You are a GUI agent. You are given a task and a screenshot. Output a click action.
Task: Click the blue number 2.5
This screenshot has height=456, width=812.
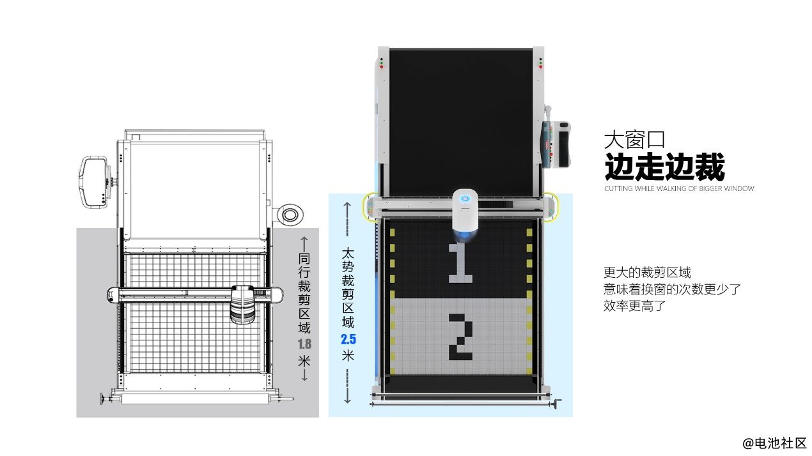pyautogui.click(x=348, y=339)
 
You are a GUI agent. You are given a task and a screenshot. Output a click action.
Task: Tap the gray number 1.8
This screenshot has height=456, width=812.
pyautogui.click(x=304, y=344)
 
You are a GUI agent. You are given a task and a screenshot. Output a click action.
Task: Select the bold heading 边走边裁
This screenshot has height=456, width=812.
pyautogui.click(x=664, y=167)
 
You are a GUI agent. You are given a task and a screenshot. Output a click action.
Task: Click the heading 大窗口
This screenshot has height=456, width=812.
pyautogui.click(x=634, y=140)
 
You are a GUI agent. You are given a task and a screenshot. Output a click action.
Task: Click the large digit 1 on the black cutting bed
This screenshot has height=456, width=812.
pyautogui.click(x=460, y=263)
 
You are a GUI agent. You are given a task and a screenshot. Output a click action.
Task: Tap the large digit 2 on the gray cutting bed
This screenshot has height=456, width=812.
pyautogui.click(x=461, y=337)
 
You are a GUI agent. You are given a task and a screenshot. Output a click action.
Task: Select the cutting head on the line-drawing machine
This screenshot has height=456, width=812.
pyautogui.click(x=242, y=304)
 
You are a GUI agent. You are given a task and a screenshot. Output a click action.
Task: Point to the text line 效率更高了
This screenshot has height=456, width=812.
pyautogui.click(x=635, y=306)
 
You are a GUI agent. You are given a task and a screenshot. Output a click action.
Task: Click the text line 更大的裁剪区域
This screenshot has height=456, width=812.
pyautogui.click(x=648, y=272)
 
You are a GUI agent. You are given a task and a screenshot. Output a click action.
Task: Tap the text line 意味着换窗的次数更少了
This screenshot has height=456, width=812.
pyautogui.click(x=672, y=289)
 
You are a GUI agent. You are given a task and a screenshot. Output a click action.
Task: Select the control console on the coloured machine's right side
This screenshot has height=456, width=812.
pyautogui.click(x=556, y=145)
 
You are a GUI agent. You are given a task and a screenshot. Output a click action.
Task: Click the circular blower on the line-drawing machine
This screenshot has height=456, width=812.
pyautogui.click(x=290, y=215)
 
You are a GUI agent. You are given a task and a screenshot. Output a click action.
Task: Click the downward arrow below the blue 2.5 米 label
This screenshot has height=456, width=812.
pyautogui.click(x=347, y=386)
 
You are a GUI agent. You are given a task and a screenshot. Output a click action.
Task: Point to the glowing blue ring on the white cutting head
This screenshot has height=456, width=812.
pyautogui.click(x=465, y=199)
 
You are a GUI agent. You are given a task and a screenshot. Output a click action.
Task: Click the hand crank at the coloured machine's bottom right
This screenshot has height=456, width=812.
pyautogui.click(x=557, y=404)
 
